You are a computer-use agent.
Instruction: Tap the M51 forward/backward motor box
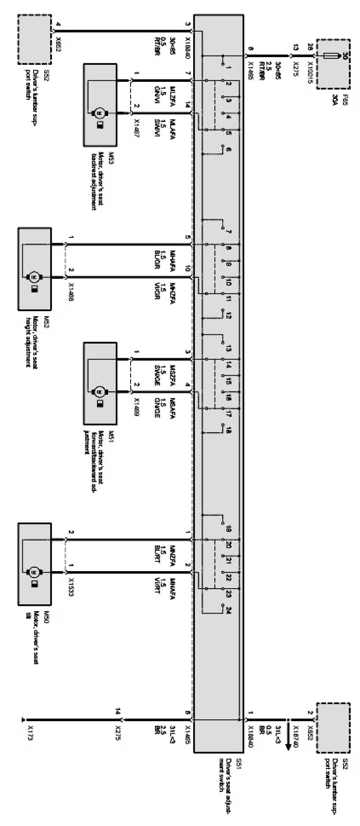click(x=100, y=383)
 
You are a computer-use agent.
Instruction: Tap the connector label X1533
click(x=72, y=587)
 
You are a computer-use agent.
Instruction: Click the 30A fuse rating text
click(x=348, y=102)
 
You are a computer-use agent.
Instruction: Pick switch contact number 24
click(x=228, y=610)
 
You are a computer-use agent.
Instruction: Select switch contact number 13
click(x=228, y=349)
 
